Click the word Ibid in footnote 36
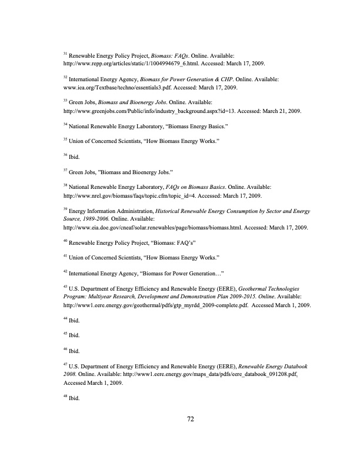[75, 156]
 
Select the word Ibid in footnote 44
[75, 321]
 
